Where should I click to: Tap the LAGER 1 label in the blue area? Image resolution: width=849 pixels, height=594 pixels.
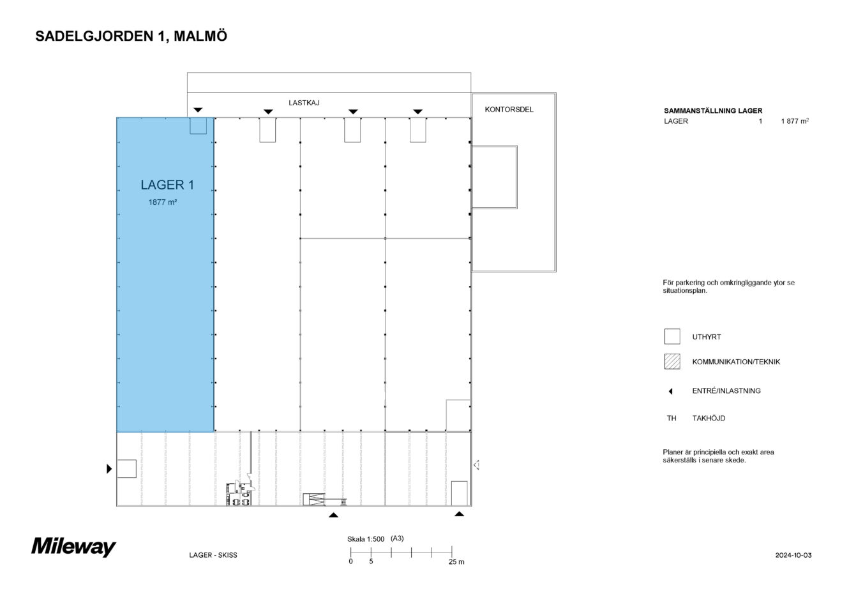[167, 185]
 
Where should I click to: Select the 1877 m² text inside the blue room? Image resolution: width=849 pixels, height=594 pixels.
[162, 202]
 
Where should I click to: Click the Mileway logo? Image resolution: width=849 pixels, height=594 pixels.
[74, 547]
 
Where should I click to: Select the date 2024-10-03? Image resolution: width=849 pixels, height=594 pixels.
[793, 555]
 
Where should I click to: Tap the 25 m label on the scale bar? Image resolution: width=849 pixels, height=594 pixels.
[456, 562]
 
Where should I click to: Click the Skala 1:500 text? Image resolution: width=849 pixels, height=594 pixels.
[366, 539]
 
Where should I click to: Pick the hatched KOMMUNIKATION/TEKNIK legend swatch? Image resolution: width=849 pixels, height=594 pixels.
[672, 362]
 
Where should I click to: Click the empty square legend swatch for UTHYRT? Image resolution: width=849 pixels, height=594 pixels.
[672, 336]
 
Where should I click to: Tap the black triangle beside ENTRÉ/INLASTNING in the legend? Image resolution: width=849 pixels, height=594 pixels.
[671, 391]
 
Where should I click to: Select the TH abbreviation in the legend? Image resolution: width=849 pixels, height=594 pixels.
[672, 419]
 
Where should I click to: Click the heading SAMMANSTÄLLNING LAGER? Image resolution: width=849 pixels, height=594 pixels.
[713, 110]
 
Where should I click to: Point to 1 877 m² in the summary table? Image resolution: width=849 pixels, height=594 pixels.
[795, 121]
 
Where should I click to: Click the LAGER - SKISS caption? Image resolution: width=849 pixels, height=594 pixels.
[213, 555]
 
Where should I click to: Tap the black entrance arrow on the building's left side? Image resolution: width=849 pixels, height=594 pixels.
[109, 470]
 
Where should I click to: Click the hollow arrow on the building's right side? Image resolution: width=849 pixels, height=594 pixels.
[476, 465]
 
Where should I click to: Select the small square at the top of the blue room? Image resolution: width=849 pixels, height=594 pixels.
[199, 126]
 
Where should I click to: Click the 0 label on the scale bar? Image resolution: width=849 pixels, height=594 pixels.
[350, 562]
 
